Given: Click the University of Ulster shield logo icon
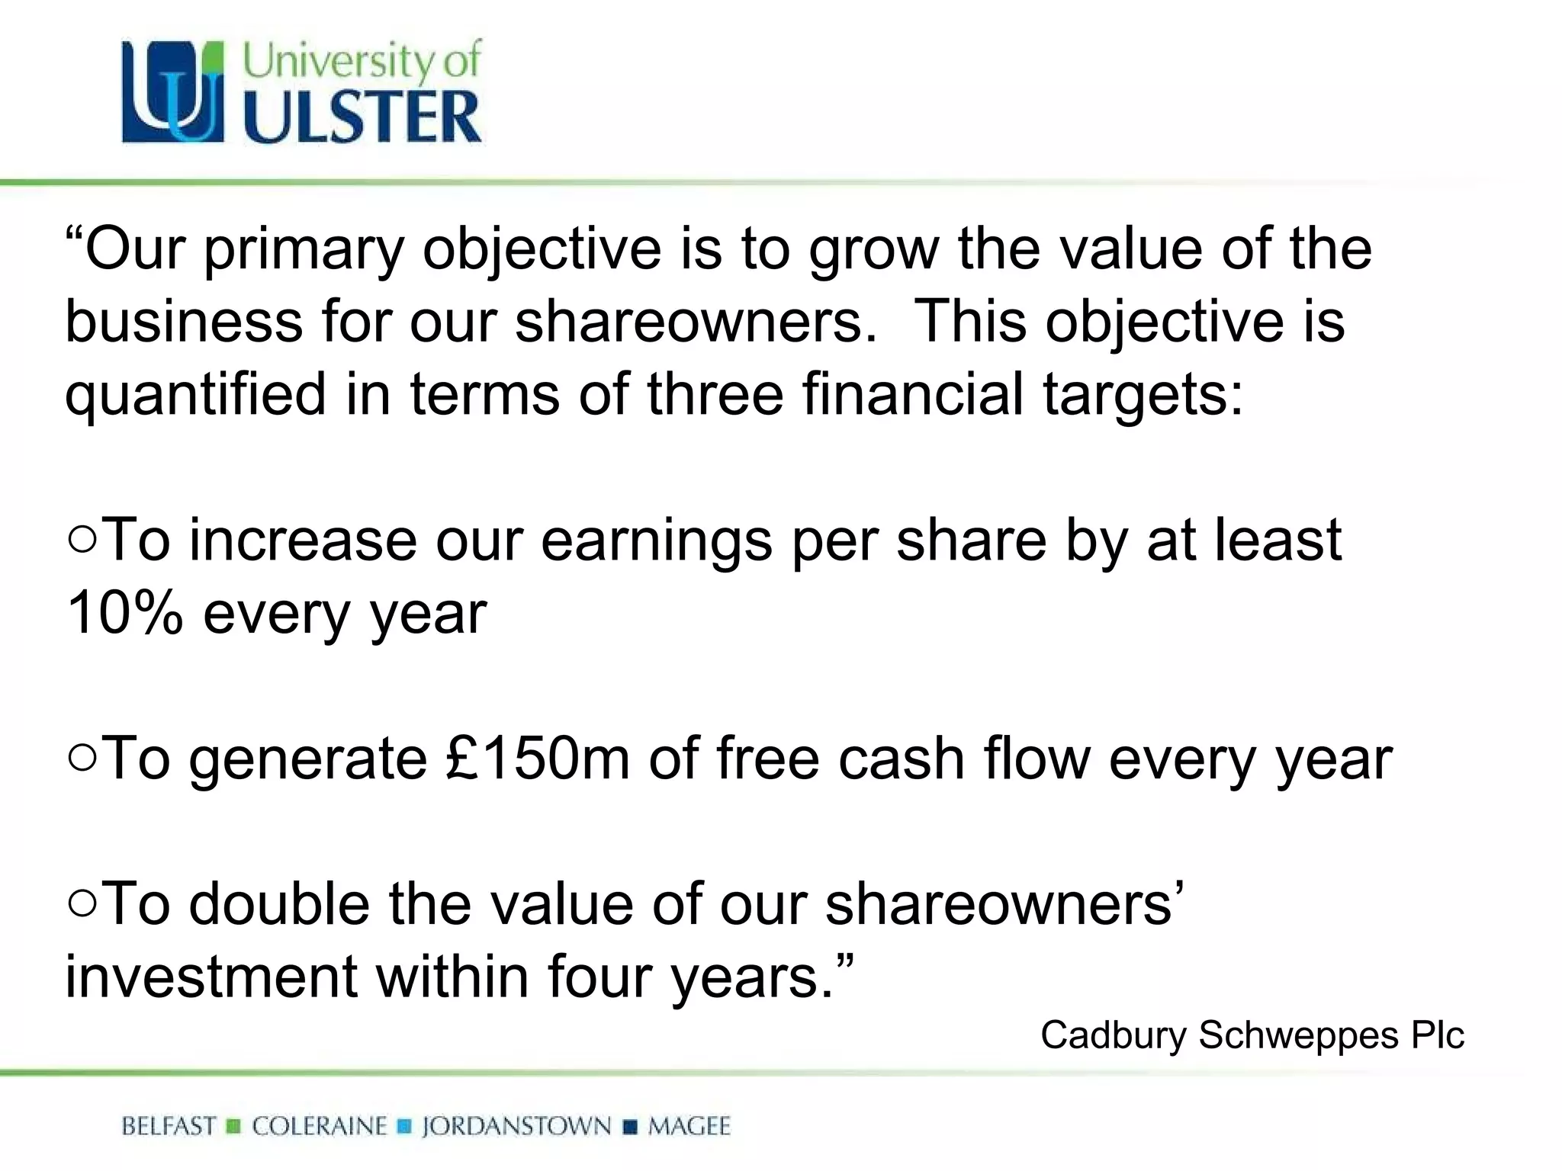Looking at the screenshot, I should [x=174, y=91].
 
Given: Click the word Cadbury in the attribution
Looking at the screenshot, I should [x=1114, y=1035].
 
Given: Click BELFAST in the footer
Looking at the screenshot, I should [x=169, y=1126].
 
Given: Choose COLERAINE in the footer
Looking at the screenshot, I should [x=320, y=1126].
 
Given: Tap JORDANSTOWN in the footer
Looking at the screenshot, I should [x=516, y=1126].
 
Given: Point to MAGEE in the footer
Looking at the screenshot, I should [x=689, y=1126].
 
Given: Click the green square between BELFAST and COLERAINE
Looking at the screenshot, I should [x=234, y=1126].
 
